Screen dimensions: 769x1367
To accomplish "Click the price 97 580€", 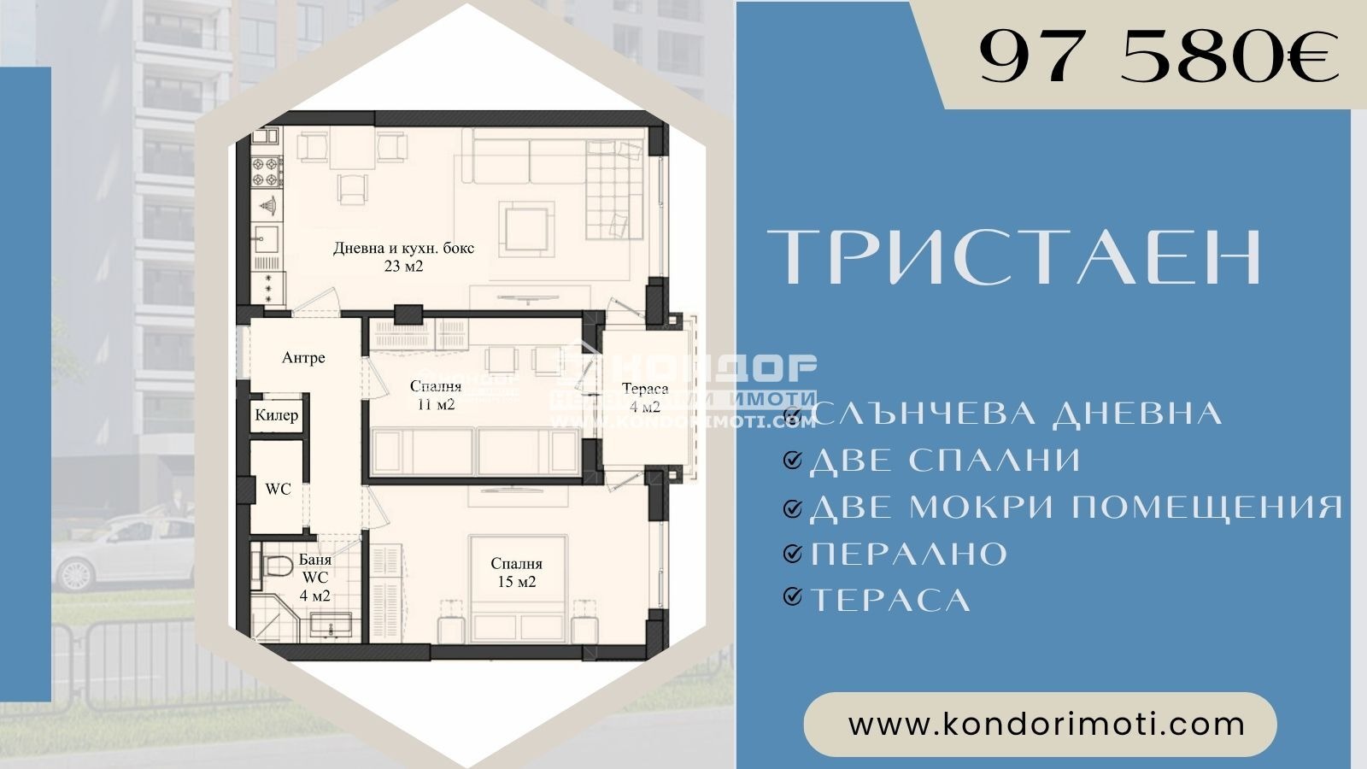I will click(1159, 57).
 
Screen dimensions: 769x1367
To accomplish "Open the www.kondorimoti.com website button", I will click(1040, 725).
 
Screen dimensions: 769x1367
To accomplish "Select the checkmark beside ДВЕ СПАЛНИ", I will click(793, 461).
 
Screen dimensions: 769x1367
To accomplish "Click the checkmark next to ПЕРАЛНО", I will click(793, 554).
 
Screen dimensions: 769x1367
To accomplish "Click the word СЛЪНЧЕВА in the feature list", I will click(923, 414).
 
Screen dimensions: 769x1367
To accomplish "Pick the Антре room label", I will click(303, 358).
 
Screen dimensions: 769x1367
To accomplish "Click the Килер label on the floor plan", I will click(277, 415).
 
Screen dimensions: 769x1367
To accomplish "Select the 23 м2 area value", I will click(403, 267).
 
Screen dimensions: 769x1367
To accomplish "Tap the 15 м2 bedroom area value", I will click(516, 582).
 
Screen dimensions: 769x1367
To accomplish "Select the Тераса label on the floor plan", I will click(645, 390).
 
